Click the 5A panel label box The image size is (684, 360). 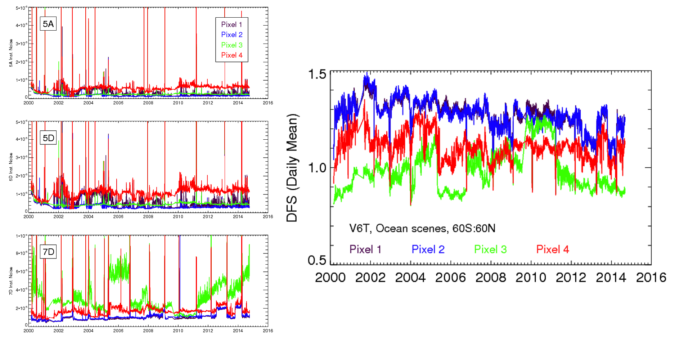coord(48,24)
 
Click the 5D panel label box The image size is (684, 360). coord(48,138)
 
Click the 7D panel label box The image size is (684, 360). coord(48,252)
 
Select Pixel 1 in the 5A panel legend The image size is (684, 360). coord(231,24)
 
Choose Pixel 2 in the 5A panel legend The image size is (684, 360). coord(231,35)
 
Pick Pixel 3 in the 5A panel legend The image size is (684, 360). coord(231,45)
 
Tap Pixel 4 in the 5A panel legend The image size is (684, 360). coord(231,55)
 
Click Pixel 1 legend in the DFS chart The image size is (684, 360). coord(365,249)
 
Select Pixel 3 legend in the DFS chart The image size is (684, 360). coord(490,249)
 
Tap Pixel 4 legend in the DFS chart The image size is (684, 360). coord(552,249)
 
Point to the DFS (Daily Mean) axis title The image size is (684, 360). coord(292,168)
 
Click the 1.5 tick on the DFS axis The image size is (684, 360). coord(317,74)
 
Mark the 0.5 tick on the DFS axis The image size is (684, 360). coord(317,260)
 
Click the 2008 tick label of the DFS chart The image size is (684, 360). coord(491,278)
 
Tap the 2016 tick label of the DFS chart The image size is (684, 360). coord(651,278)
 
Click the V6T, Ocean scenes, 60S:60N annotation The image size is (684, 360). coord(422,228)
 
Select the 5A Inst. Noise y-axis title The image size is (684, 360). coord(11,53)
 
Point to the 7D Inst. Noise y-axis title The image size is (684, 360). coord(11,281)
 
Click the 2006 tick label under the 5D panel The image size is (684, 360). coord(118,217)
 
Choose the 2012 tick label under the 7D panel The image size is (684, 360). coord(208,330)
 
